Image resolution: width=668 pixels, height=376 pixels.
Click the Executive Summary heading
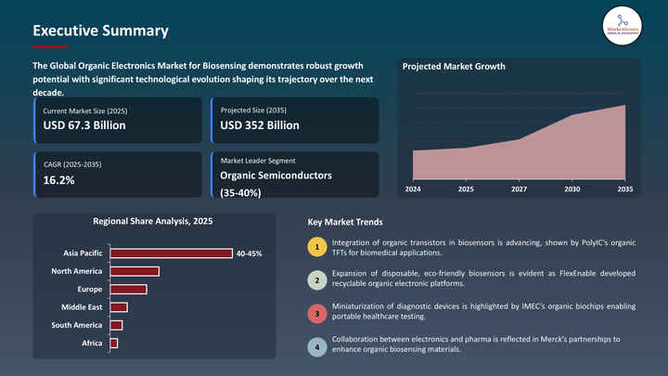coord(100,31)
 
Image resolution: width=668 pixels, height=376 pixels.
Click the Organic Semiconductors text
coord(276,175)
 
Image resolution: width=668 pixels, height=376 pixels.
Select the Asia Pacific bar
coord(171,253)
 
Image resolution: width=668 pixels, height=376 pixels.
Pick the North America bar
coord(135,271)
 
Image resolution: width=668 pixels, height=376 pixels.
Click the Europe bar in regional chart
coord(128,289)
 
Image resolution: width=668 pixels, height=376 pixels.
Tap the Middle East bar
coord(119,307)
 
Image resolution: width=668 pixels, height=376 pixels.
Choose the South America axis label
coord(77,325)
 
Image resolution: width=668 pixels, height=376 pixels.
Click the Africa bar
coord(114,344)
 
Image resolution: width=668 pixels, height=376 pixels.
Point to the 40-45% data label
coord(250,253)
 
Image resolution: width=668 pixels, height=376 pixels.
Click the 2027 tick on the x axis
coord(519,188)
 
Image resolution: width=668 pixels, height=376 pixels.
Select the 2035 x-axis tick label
coord(624,188)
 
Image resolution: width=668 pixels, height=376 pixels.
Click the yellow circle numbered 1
coord(317,247)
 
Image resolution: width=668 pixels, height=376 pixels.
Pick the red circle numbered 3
coord(317,314)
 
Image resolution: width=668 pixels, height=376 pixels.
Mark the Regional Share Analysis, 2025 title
coord(153,222)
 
